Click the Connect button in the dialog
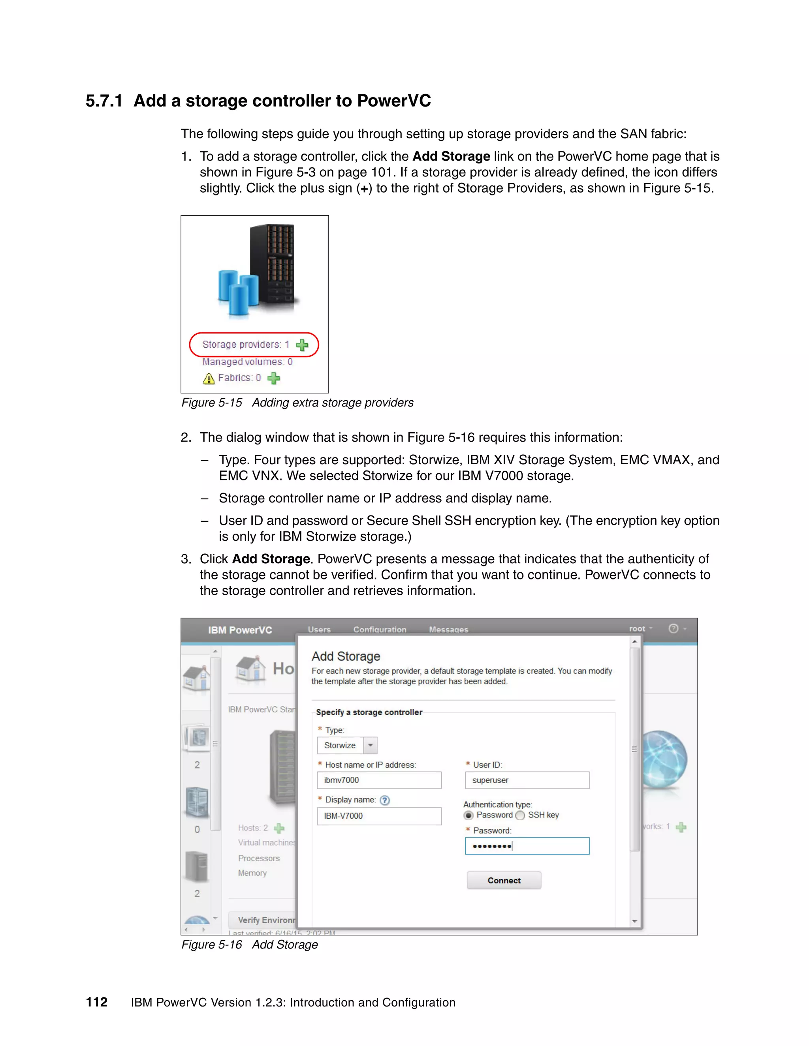[x=504, y=880]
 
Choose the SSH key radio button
[x=520, y=815]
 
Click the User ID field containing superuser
[x=527, y=780]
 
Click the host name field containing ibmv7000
[x=378, y=780]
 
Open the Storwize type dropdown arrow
[x=370, y=745]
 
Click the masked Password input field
[x=527, y=846]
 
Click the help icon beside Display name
[x=384, y=800]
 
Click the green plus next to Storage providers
[x=302, y=345]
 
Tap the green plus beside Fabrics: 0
[x=274, y=379]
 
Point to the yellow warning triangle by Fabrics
[x=209, y=379]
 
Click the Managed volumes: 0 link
[x=247, y=362]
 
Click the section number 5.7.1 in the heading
[x=104, y=101]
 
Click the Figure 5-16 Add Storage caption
[x=249, y=945]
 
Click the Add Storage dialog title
[x=346, y=656]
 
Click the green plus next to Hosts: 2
[x=279, y=828]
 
